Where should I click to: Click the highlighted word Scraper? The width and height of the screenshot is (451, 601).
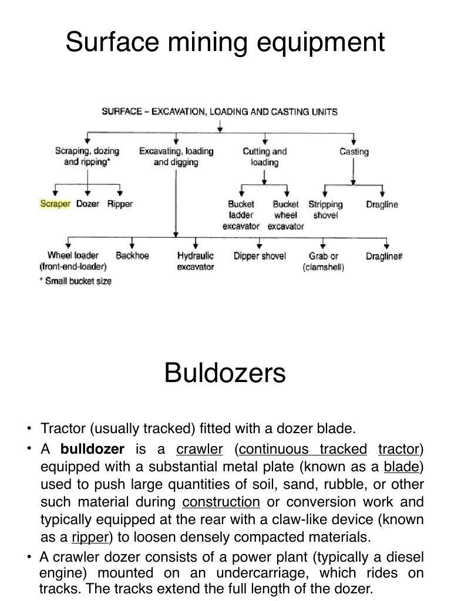pos(55,204)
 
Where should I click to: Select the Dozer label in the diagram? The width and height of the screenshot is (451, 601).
pos(87,204)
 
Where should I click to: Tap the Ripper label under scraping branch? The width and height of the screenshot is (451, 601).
pos(120,204)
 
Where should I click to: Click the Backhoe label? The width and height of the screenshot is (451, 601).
pos(132,256)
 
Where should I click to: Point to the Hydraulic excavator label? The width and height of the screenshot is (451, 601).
pos(196,261)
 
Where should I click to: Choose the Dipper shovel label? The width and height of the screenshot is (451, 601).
pos(260,256)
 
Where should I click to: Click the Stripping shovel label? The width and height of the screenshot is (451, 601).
pos(325,210)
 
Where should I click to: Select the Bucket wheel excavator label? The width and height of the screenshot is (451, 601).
pos(286,215)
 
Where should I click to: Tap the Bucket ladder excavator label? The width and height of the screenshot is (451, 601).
pos(241,215)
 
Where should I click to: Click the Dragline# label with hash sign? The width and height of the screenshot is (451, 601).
pos(384,256)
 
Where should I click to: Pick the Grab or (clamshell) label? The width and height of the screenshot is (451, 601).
pos(324,262)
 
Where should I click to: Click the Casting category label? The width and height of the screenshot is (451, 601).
pos(354,151)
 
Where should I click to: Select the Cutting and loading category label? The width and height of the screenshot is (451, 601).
pos(265,157)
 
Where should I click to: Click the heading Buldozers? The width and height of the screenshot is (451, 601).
pos(225,373)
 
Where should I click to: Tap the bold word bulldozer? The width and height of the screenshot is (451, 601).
pos(93,450)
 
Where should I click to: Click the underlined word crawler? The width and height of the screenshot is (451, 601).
pos(199,450)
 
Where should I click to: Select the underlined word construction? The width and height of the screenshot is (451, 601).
pos(221,502)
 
